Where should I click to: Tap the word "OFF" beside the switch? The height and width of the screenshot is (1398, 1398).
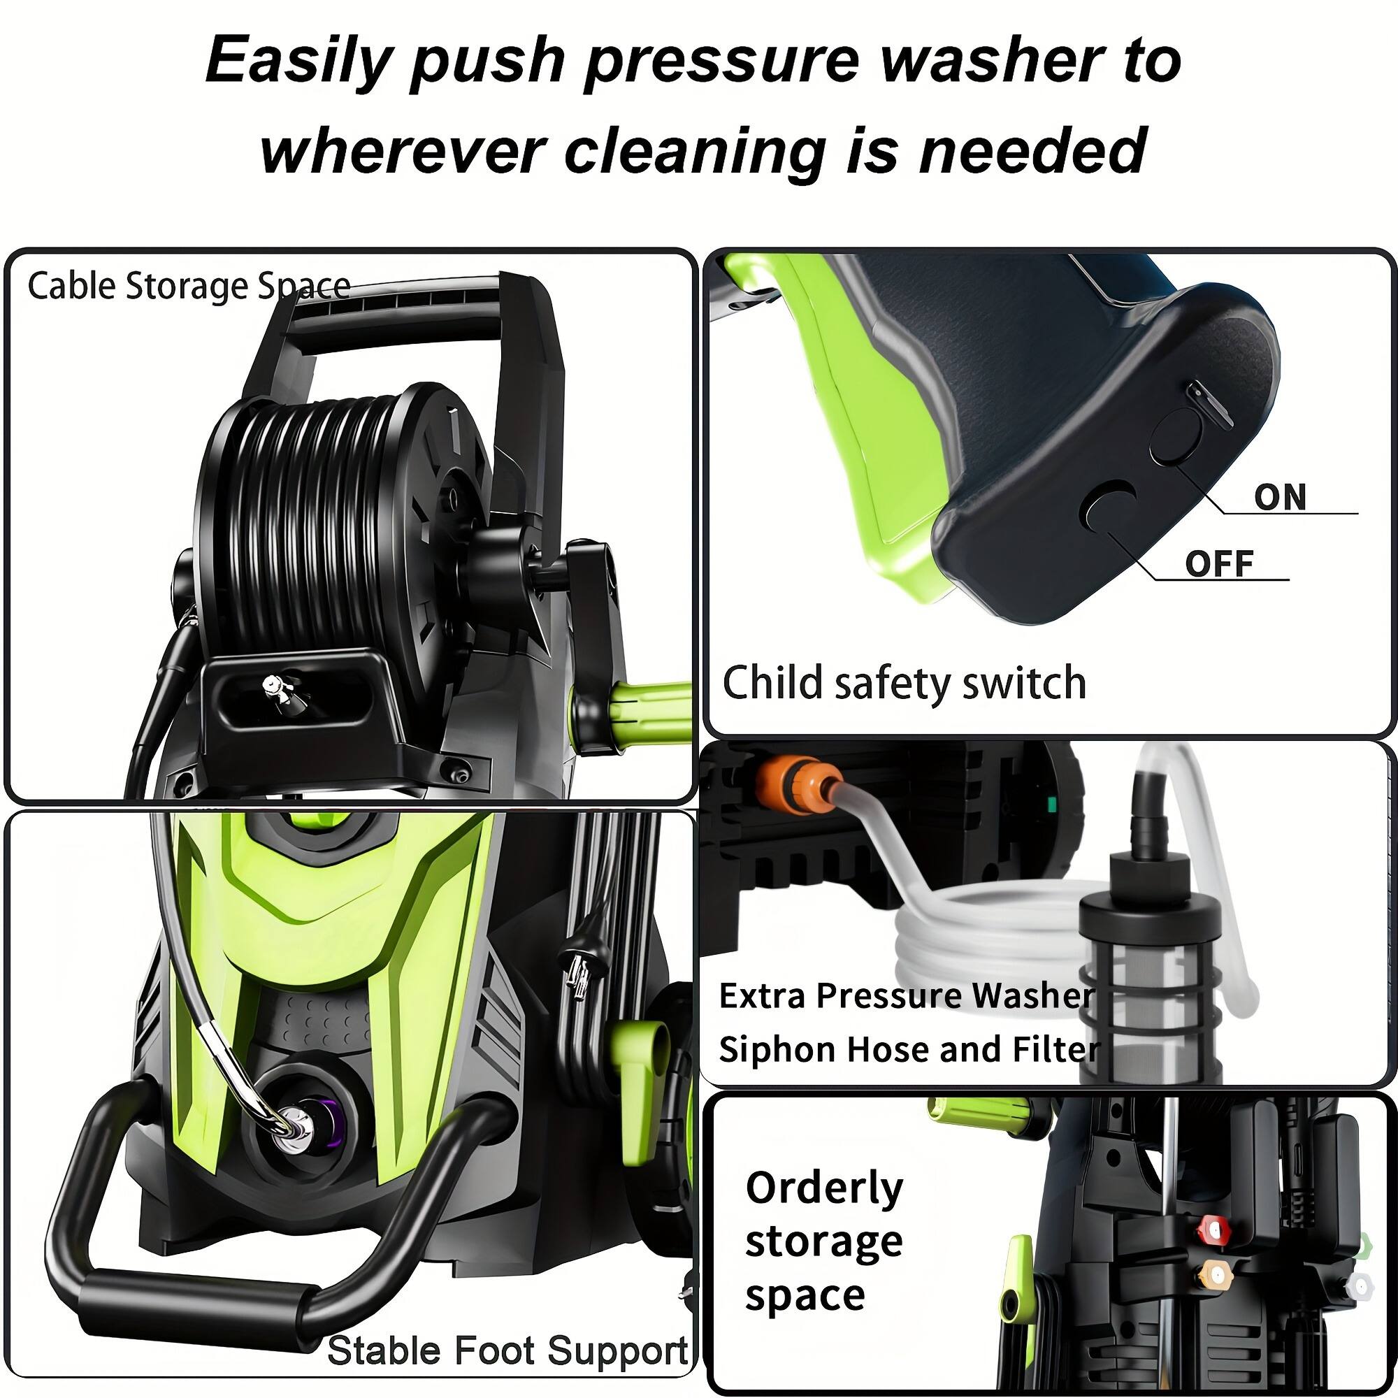pos(1219,563)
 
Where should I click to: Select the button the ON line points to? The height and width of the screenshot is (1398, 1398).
pos(1176,436)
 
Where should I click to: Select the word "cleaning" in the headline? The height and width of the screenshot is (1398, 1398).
pos(695,151)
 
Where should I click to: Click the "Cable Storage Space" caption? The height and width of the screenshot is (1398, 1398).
pos(189,286)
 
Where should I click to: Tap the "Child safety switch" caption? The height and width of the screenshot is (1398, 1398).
pos(904,682)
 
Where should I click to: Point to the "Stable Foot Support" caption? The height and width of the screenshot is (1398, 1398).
pos(507,1351)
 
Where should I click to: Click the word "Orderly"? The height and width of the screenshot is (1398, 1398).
pos(824,1188)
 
